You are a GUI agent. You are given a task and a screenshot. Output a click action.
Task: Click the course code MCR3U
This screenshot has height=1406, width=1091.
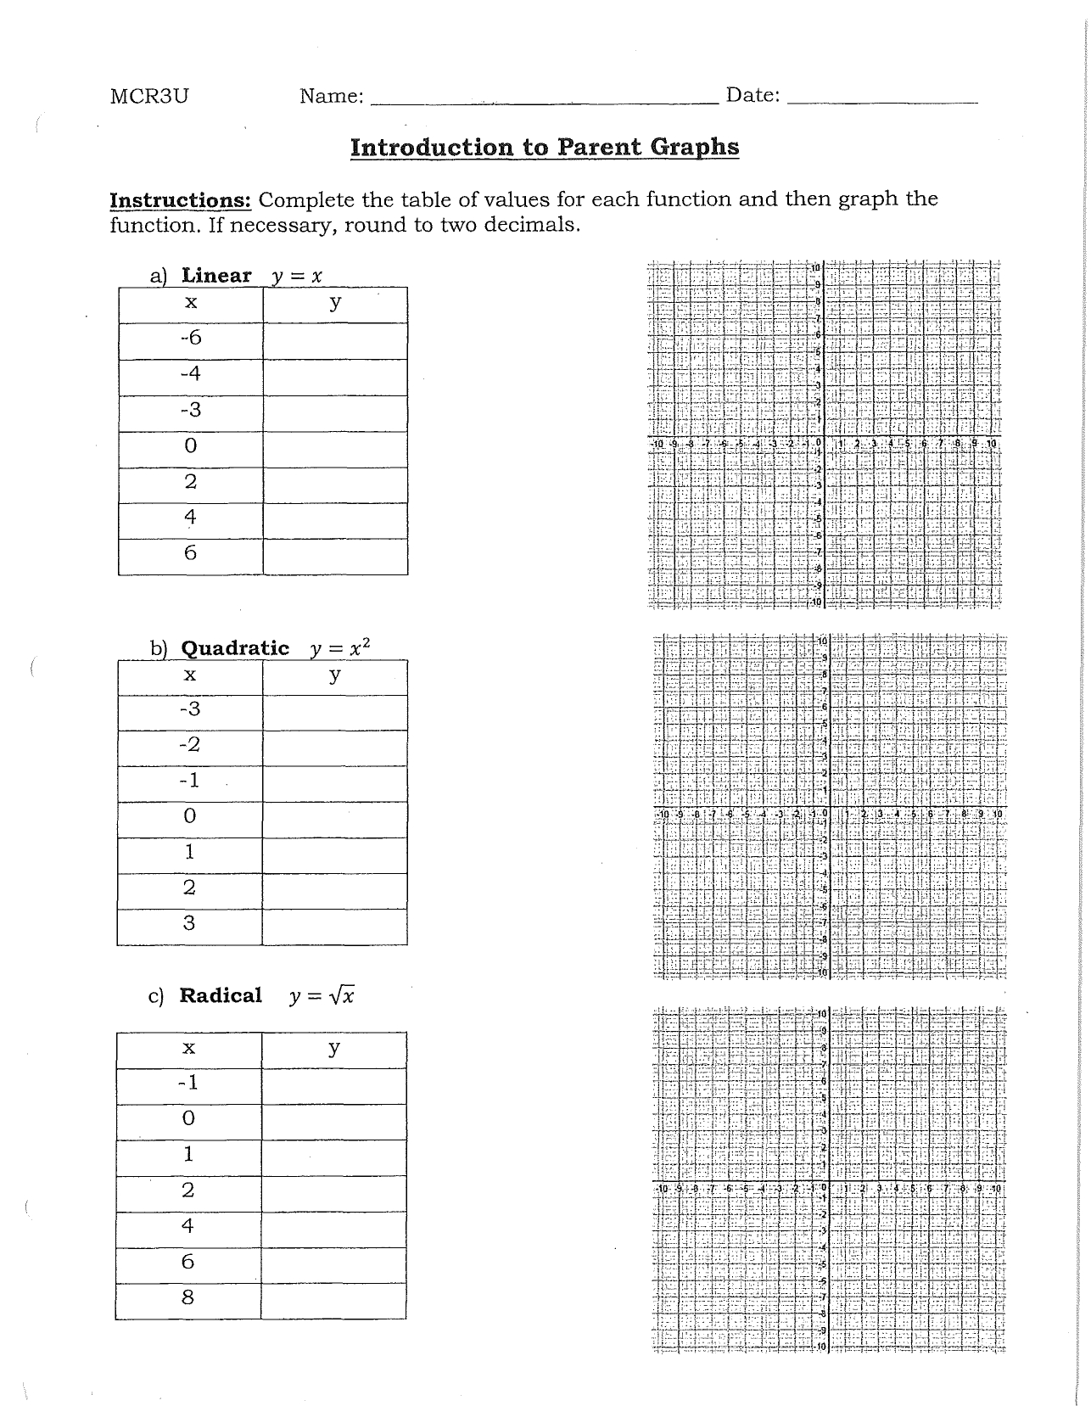tap(149, 96)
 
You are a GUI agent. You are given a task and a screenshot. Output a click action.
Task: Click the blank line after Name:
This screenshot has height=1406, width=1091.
tap(543, 99)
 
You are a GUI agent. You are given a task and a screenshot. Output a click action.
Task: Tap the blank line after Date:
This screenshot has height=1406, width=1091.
tap(882, 99)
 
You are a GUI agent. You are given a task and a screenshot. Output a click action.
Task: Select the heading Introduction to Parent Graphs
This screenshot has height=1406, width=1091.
tap(545, 148)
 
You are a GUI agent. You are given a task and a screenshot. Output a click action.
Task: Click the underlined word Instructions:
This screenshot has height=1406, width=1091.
tap(181, 200)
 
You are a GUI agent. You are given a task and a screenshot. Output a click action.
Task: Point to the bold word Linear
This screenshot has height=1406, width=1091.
tap(216, 276)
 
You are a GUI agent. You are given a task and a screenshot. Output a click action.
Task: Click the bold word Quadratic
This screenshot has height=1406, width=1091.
tap(235, 648)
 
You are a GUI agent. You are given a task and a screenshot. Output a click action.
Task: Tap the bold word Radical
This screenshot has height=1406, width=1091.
tap(221, 995)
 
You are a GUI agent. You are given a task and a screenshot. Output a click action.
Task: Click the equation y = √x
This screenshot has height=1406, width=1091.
tap(322, 996)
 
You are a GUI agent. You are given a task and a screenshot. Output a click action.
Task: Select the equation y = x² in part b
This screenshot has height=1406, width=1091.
tap(340, 648)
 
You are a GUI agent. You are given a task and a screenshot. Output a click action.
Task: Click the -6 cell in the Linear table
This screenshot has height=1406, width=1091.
tap(191, 339)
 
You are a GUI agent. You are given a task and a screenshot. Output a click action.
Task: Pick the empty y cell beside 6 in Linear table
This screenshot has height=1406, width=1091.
tap(335, 554)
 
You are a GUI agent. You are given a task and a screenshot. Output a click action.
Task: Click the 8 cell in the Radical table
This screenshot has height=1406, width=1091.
tap(188, 1297)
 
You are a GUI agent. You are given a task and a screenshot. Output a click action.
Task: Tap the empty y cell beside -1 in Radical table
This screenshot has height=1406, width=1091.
tap(333, 1084)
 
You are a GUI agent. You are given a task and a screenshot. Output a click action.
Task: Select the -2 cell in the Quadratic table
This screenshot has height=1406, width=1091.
tap(190, 745)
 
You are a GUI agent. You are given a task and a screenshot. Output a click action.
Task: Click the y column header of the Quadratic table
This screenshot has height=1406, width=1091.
tap(334, 675)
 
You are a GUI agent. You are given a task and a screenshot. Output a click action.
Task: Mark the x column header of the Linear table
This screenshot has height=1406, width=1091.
tap(191, 303)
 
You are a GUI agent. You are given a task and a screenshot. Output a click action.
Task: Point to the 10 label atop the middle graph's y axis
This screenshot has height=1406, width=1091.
tap(822, 639)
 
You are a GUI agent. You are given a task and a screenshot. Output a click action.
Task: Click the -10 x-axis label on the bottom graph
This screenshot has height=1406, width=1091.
tap(663, 1189)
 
